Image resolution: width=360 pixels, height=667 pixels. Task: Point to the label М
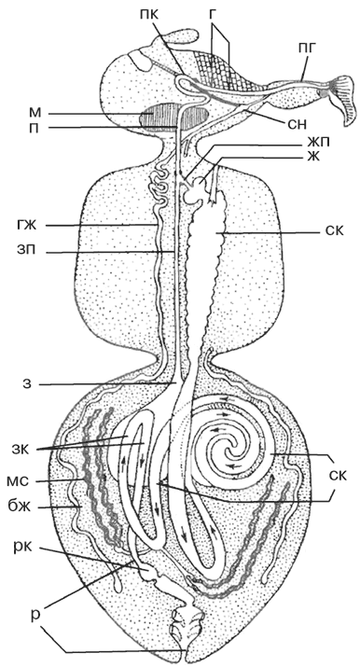pos(35,114)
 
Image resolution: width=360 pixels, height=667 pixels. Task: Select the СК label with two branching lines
pos(338,474)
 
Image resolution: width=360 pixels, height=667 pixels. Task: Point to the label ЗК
pos(21,449)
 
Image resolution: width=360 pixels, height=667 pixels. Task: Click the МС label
pos(18,480)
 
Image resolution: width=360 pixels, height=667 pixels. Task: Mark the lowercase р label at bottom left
pos(24,615)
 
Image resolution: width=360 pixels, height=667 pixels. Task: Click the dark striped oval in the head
pos(175,117)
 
